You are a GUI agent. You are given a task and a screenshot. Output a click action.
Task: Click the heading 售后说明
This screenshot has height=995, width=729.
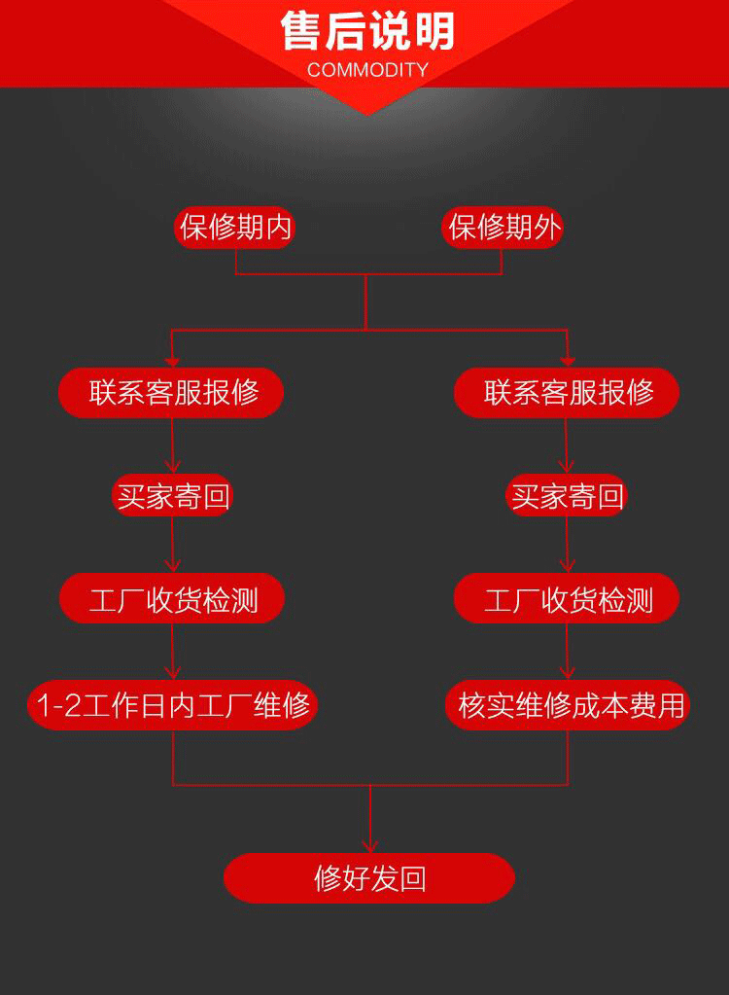tap(367, 31)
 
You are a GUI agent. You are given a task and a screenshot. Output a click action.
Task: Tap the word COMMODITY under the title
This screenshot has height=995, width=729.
tap(367, 70)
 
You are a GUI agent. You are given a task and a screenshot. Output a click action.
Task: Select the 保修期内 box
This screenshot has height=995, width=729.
tap(235, 228)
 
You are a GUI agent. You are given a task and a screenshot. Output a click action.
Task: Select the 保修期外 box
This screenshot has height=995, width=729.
tap(503, 228)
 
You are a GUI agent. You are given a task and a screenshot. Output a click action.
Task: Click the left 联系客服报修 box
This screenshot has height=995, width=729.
tap(172, 393)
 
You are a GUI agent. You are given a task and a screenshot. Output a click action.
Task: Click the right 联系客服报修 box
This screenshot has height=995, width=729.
tap(567, 393)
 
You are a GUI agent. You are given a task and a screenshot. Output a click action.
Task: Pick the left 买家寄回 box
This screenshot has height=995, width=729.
tap(172, 497)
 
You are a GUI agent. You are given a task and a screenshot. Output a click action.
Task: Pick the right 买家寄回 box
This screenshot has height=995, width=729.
tap(567, 497)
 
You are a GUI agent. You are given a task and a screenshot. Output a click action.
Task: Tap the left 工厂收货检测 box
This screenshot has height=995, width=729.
tap(172, 599)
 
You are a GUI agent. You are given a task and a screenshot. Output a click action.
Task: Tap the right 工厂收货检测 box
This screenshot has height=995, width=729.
tap(567, 599)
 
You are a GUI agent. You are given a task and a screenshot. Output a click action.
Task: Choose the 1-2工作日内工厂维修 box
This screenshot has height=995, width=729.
tap(172, 704)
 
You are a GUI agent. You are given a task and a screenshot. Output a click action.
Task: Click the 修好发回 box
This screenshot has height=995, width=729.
tap(369, 878)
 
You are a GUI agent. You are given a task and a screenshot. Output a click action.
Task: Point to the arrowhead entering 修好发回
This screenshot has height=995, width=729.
tap(369, 846)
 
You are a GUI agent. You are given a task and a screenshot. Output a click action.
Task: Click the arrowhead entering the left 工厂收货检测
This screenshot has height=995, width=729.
tap(173, 566)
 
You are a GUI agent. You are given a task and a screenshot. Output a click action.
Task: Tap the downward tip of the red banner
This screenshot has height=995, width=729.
tap(366, 113)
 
